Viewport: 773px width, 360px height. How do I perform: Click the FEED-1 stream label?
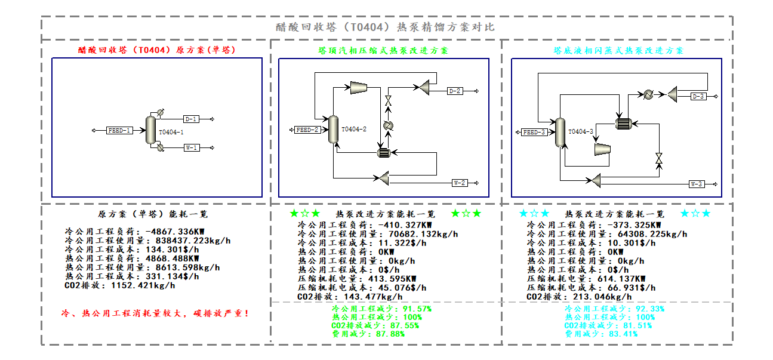click(119, 131)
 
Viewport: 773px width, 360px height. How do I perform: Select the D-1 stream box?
click(191, 119)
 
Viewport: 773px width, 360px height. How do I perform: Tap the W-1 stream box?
click(192, 147)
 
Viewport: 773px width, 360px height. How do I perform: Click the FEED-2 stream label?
click(307, 130)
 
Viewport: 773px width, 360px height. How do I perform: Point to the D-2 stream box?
click(455, 91)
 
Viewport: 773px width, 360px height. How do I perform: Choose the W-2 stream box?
click(460, 183)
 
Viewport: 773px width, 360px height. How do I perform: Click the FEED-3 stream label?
click(534, 132)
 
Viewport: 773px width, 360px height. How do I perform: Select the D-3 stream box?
click(698, 96)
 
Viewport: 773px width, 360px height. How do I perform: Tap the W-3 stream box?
click(697, 184)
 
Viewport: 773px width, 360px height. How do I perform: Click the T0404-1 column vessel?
click(151, 130)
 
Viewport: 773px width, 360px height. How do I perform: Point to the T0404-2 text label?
click(354, 129)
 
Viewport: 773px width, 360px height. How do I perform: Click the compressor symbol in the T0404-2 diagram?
click(359, 88)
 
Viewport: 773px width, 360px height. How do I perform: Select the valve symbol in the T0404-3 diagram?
click(659, 158)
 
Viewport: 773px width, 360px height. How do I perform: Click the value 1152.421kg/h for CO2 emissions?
click(143, 285)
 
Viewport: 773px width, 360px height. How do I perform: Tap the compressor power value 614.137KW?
click(621, 279)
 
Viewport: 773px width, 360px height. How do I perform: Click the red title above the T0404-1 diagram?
click(157, 50)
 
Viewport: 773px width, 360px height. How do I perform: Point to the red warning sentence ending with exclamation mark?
click(155, 313)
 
